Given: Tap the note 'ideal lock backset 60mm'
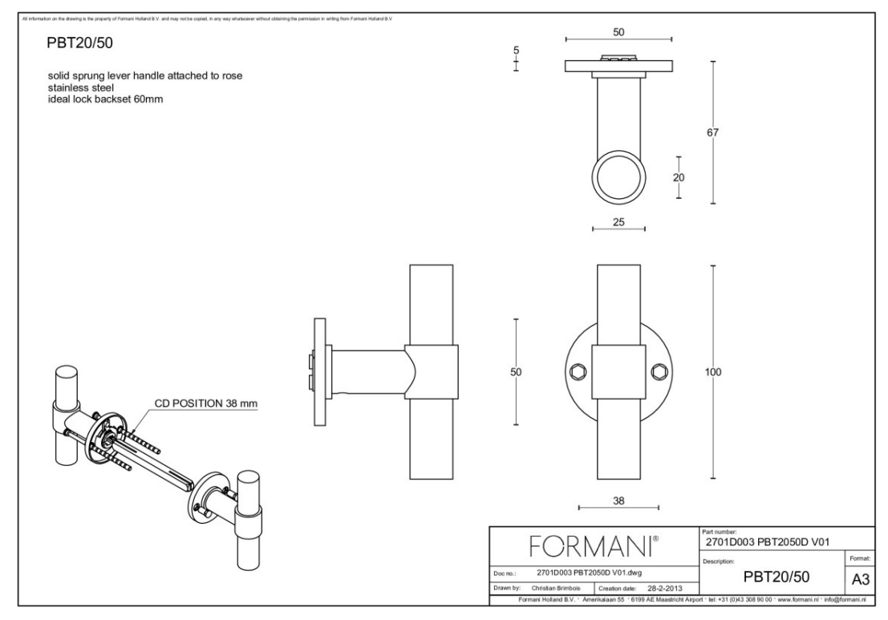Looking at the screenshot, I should (106, 99).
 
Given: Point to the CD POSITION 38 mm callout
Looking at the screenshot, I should (206, 403).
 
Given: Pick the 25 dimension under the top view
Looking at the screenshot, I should (618, 222).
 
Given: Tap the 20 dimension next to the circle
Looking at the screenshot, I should (679, 178).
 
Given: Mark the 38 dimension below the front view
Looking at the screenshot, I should (618, 500).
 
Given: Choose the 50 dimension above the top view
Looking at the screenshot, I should (618, 31).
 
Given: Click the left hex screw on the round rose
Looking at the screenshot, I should (578, 371).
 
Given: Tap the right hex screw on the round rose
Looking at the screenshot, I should (659, 371).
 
